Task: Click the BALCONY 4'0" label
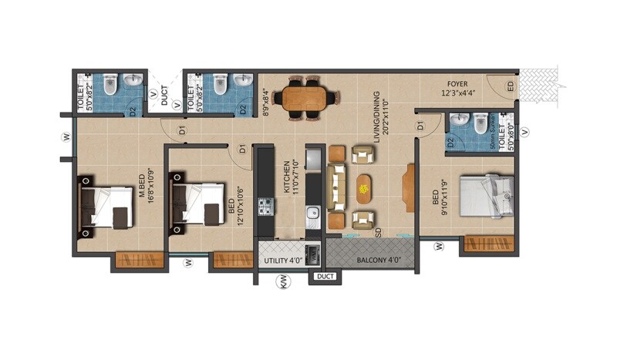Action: [377, 261]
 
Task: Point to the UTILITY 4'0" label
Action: [280, 261]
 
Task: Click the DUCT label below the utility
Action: [325, 274]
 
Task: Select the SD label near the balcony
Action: [378, 230]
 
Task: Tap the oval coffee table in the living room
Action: [362, 187]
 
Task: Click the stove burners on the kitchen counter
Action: [266, 206]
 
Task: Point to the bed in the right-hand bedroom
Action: [486, 196]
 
